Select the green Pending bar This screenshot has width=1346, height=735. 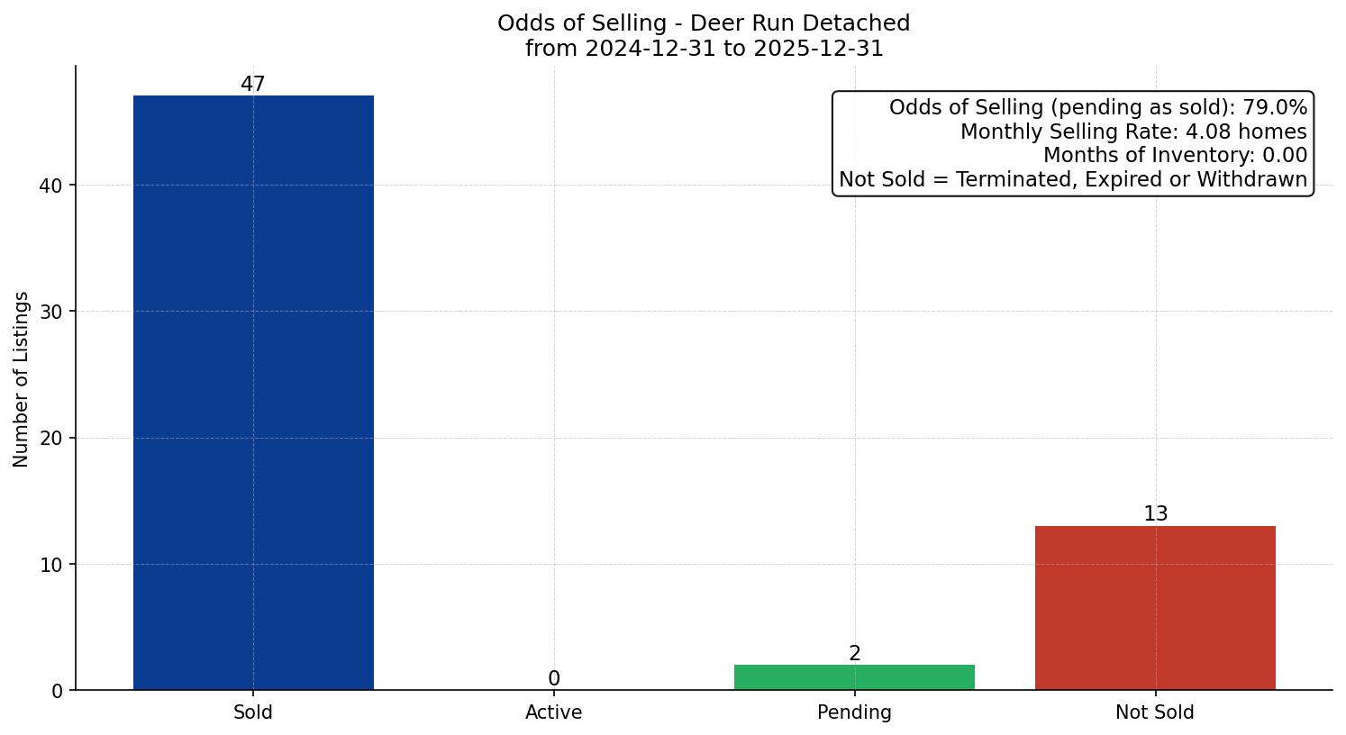(854, 677)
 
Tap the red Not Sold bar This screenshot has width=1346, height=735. (1155, 608)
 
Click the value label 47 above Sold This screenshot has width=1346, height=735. (253, 84)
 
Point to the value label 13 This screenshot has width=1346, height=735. (1155, 513)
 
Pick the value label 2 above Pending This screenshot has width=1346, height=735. (854, 654)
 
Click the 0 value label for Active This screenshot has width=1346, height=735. (554, 678)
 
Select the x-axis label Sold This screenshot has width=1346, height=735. (253, 712)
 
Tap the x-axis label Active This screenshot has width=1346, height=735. (554, 712)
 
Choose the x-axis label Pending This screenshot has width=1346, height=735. (854, 712)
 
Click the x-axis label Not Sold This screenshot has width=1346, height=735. (1155, 712)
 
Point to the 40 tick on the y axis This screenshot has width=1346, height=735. (51, 186)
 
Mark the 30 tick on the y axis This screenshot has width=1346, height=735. (51, 312)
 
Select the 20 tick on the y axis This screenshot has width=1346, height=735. (51, 439)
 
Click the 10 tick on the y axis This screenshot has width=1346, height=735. (51, 565)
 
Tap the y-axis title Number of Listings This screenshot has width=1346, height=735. (22, 378)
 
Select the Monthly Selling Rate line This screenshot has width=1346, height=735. (1133, 132)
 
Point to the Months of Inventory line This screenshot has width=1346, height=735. (1175, 155)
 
